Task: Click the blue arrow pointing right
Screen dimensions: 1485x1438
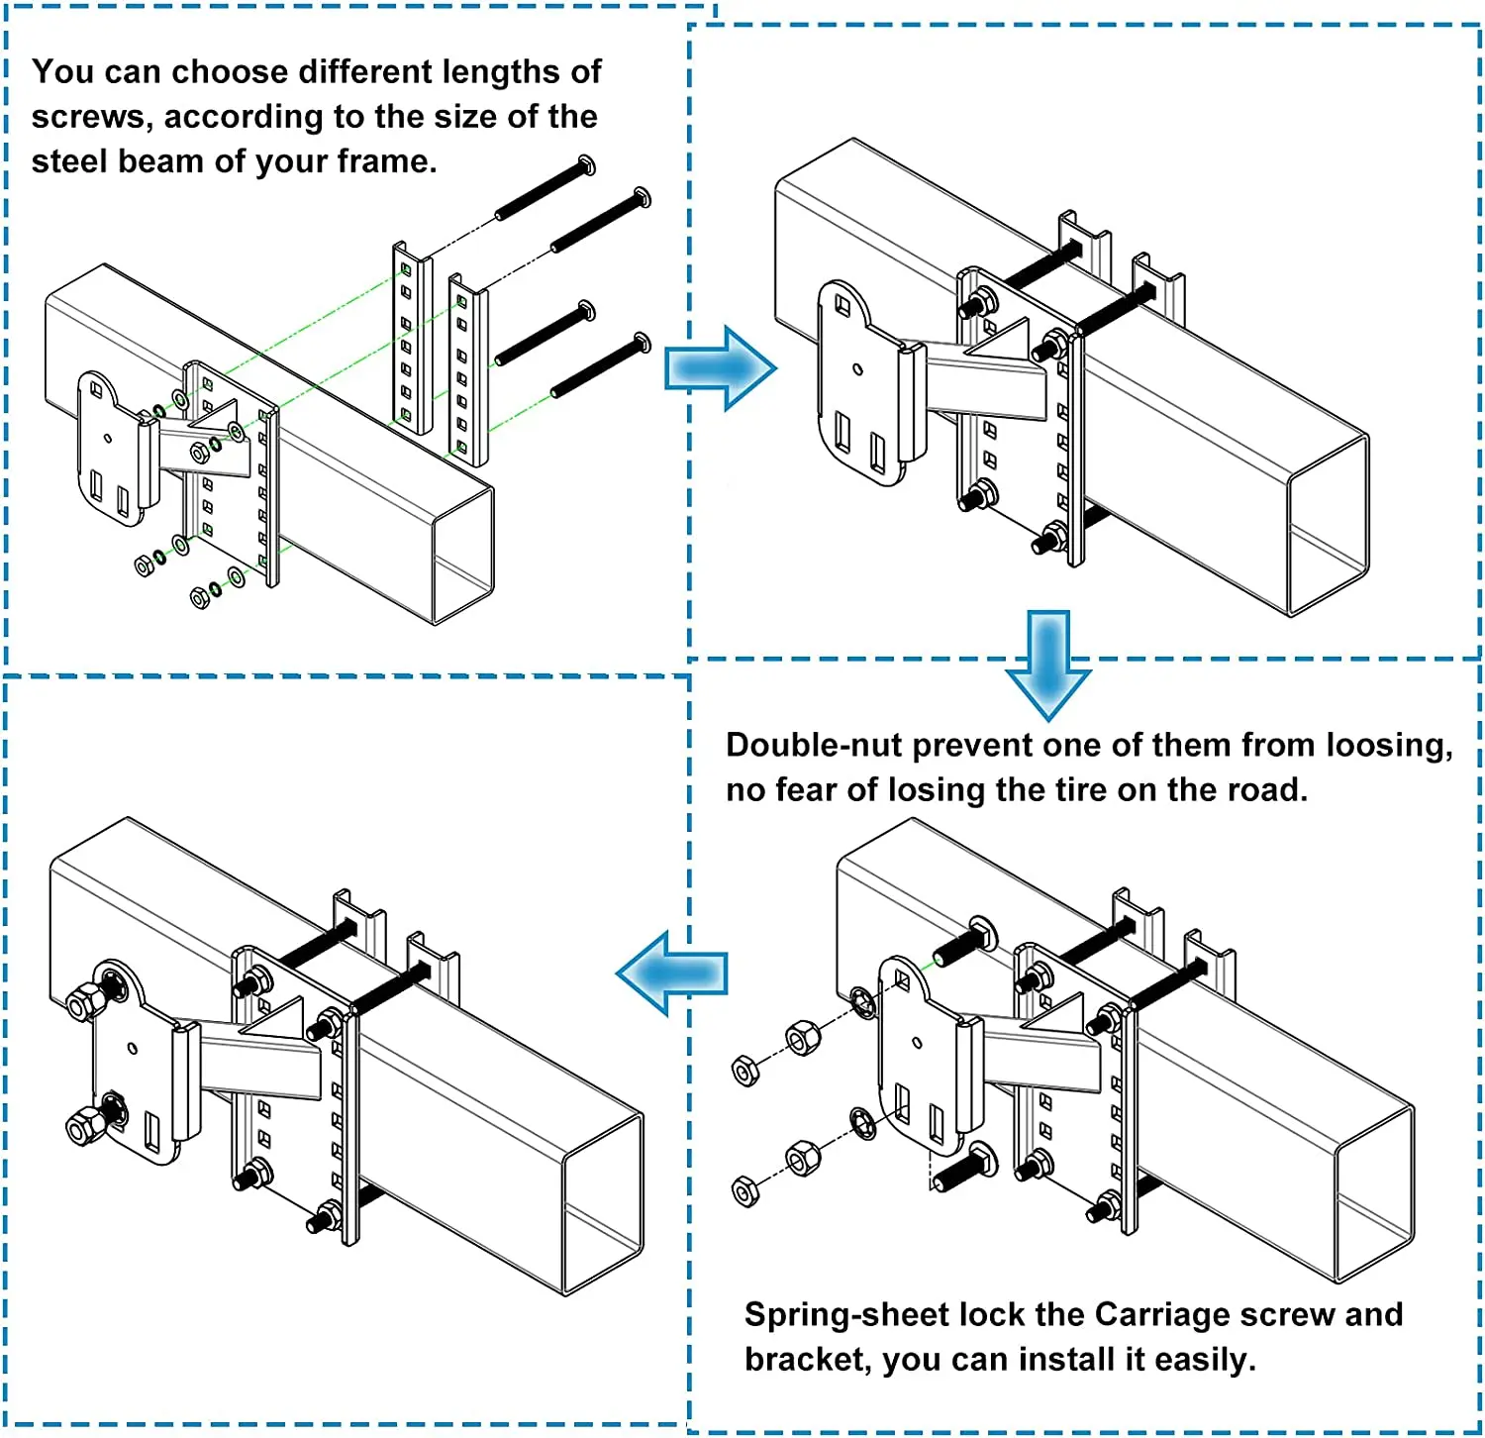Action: tap(720, 368)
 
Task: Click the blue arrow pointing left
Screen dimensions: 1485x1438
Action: tap(672, 974)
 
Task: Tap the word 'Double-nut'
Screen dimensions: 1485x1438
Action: tap(814, 745)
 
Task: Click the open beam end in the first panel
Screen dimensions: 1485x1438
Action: tap(463, 556)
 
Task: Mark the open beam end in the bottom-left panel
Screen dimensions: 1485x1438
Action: tap(603, 1205)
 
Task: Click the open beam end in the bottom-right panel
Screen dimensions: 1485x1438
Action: tap(1374, 1194)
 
